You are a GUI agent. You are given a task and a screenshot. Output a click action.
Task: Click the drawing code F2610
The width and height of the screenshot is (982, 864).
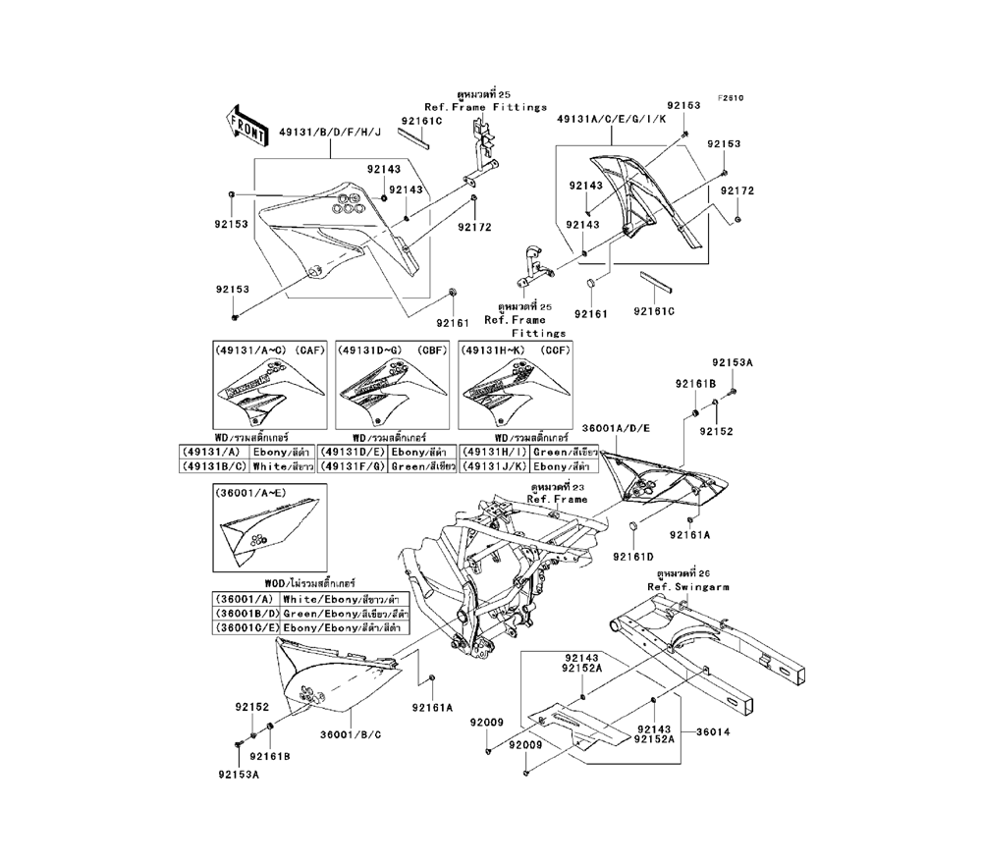[730, 97]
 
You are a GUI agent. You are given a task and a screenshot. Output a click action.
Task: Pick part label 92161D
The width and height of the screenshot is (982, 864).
[633, 557]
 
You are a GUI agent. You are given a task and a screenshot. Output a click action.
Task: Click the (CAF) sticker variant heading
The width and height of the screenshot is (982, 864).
[270, 351]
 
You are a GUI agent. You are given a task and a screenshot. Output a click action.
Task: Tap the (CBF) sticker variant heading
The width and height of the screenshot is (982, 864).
[393, 351]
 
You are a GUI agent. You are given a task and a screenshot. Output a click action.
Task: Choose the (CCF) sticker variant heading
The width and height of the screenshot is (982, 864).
[516, 351]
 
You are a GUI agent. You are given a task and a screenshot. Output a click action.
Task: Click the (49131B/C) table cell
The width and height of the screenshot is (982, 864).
[215, 466]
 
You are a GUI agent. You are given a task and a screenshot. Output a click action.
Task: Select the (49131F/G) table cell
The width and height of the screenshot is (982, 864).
[355, 466]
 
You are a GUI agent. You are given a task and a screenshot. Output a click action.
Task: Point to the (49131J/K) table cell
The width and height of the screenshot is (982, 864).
[495, 466]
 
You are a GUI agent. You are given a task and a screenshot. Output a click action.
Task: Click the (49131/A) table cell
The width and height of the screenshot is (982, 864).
[215, 453]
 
